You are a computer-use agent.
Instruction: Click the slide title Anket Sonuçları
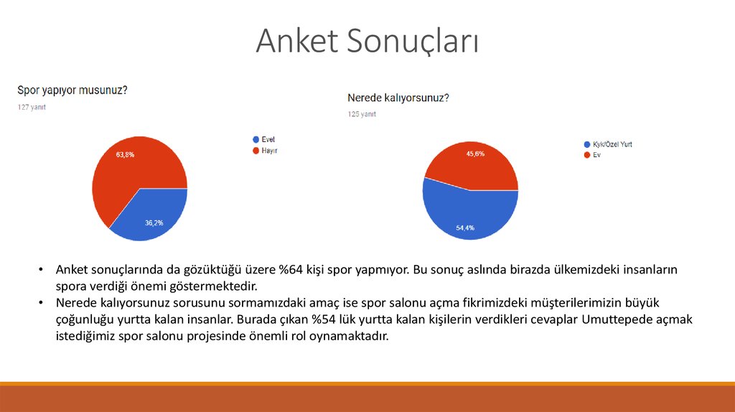[x=367, y=41]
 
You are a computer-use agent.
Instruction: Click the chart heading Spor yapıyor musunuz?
[x=72, y=90]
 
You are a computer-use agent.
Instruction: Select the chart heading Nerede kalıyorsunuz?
[x=398, y=98]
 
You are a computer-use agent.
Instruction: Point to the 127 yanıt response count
[x=32, y=107]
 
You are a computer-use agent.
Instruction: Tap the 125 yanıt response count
[x=362, y=114]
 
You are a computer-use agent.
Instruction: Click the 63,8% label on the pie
[x=125, y=154]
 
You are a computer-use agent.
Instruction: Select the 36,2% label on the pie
[x=154, y=223]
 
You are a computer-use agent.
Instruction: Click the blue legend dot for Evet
[x=256, y=139]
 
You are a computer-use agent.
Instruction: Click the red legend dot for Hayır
[x=256, y=151]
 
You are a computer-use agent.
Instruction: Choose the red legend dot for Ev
[x=587, y=155]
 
